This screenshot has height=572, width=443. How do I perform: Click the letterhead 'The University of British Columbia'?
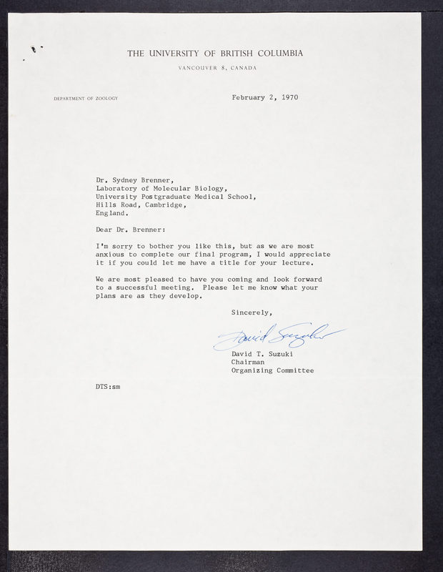pyautogui.click(x=215, y=53)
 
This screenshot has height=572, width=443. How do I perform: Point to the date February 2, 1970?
pyautogui.click(x=264, y=97)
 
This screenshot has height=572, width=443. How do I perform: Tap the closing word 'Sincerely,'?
pyautogui.click(x=252, y=312)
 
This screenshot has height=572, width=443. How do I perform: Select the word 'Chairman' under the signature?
pyautogui.click(x=247, y=362)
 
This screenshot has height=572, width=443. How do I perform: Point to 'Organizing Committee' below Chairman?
pyautogui.click(x=272, y=370)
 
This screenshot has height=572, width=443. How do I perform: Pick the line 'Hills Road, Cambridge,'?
pyautogui.click(x=142, y=205)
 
